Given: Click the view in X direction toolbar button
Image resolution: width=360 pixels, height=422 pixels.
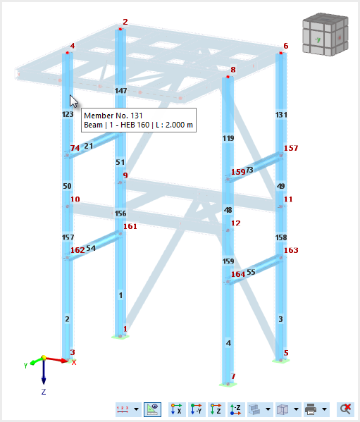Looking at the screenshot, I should click(176, 409).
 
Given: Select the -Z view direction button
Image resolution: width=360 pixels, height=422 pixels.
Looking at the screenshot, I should click(236, 409).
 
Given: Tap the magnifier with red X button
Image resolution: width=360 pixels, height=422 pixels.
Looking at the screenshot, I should click(345, 409).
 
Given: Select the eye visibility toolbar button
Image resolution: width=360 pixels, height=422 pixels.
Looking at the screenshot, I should click(152, 409).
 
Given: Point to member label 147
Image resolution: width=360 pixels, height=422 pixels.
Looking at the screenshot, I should click(120, 91).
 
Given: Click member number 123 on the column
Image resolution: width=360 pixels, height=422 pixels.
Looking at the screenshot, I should click(68, 114).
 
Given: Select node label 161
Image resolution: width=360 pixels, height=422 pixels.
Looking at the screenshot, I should click(130, 227).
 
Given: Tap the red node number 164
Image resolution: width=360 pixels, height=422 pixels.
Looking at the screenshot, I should click(238, 274).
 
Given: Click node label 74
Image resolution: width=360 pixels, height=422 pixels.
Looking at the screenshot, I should click(75, 148).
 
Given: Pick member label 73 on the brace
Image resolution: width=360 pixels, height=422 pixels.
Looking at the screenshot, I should click(249, 169).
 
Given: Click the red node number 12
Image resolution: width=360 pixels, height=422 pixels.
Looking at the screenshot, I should click(236, 223).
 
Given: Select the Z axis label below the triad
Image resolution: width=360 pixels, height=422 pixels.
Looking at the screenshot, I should click(43, 391).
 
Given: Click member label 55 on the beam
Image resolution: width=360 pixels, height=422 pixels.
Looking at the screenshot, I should click(251, 271).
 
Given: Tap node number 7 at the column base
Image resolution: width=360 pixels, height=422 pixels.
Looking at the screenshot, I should click(233, 376).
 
